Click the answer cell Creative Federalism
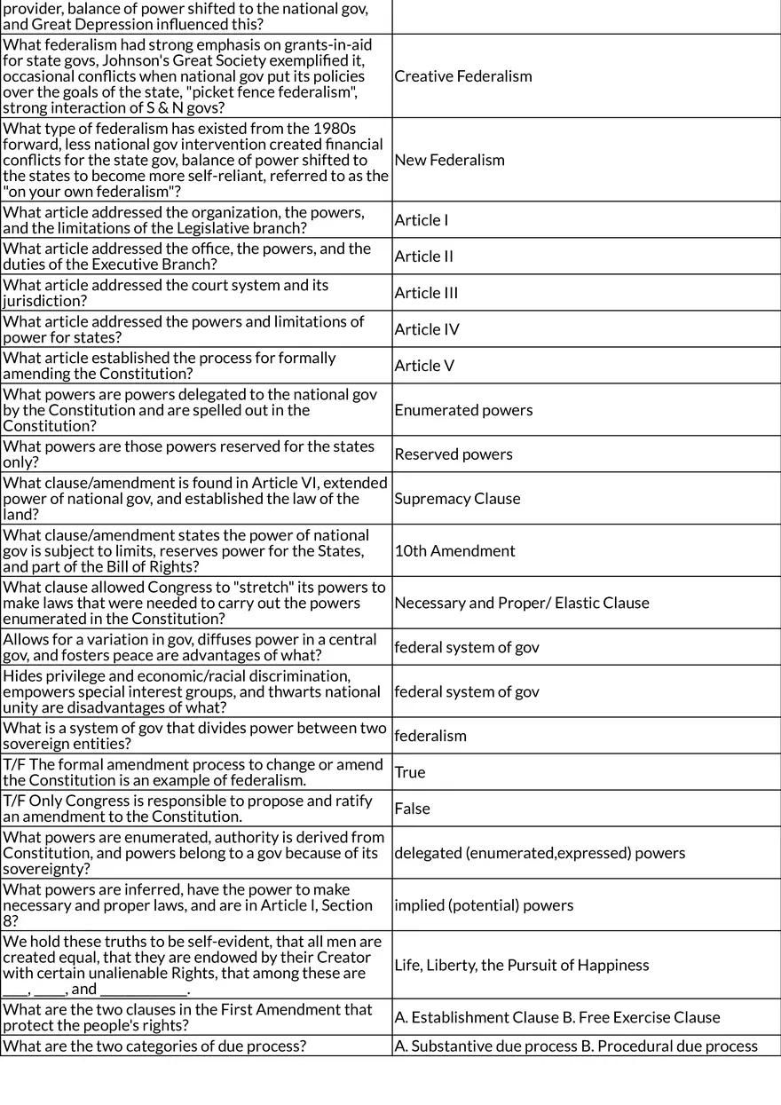(463, 76)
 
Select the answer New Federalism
(449, 161)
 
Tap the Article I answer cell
(422, 220)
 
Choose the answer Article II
(424, 257)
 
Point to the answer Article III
(426, 293)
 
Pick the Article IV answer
(427, 329)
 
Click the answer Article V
(424, 366)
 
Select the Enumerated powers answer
(463, 410)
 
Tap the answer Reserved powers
(454, 454)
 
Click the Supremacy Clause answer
(457, 499)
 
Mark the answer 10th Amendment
(454, 551)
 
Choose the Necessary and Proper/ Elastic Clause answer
(522, 604)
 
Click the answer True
(410, 772)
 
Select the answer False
(412, 809)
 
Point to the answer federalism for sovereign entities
(430, 736)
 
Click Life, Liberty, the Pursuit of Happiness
(522, 966)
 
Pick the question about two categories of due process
(154, 1046)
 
